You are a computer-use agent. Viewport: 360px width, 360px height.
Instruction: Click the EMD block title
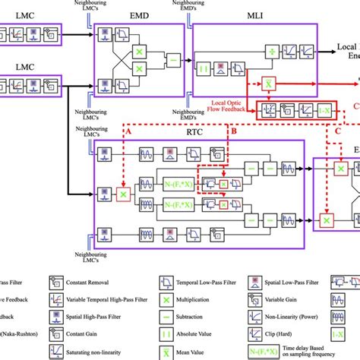tap(138, 14)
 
